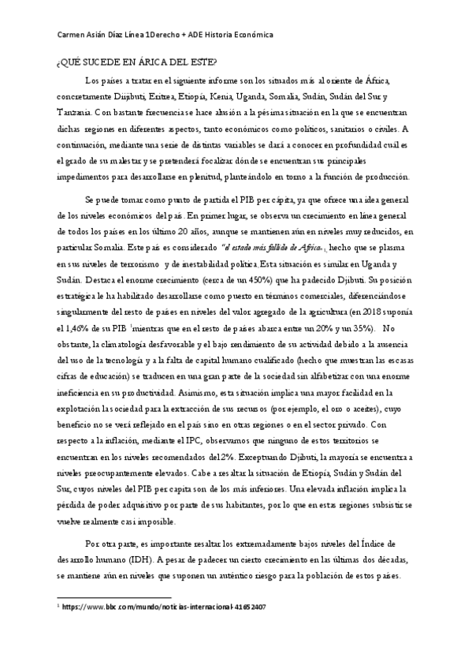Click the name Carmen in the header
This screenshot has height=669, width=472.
click(x=75, y=36)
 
